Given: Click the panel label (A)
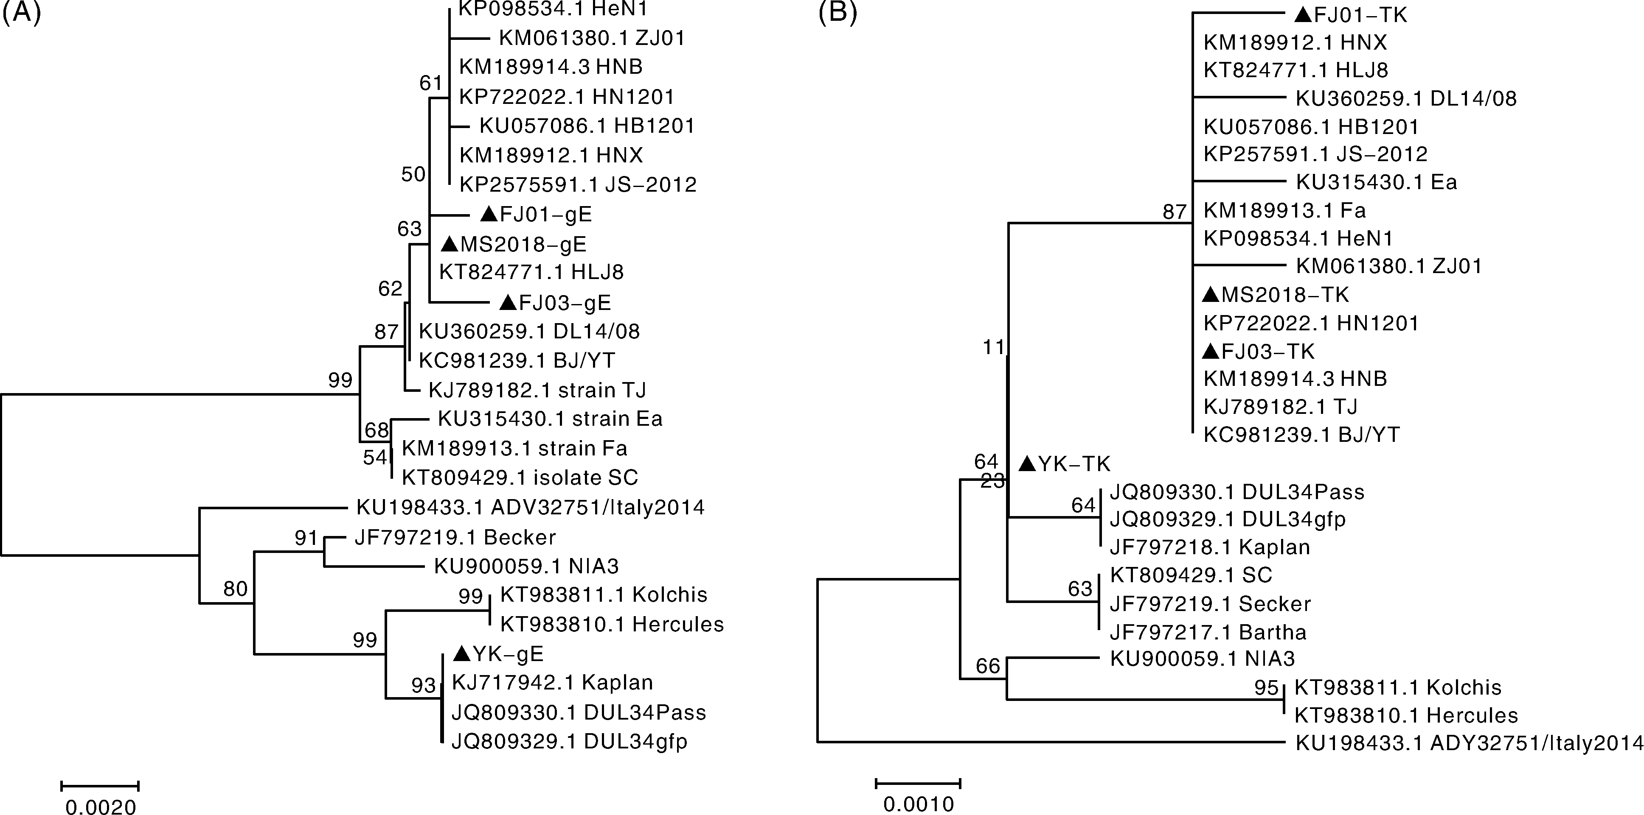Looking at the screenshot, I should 21,13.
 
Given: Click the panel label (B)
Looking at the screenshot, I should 837,13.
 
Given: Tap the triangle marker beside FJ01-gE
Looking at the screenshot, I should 488,214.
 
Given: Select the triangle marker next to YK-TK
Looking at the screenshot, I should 1027,464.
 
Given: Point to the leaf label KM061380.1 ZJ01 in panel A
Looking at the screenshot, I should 592,38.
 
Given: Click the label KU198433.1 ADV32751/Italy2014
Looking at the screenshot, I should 530,508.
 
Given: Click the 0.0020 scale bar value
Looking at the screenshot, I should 101,807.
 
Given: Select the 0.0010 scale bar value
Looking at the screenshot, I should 919,804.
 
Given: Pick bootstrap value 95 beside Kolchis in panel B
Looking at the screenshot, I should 1266,687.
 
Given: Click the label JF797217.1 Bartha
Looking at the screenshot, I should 1208,632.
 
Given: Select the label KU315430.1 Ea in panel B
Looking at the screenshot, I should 1376,182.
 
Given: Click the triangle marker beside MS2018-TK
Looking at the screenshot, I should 1210,295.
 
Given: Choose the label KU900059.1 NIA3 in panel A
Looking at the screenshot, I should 526,566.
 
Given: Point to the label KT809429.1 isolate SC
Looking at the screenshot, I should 520,477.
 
